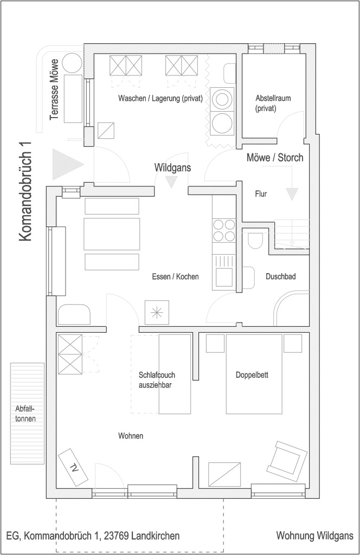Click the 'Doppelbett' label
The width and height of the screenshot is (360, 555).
tap(252, 375)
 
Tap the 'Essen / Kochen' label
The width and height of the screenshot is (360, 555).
tap(175, 276)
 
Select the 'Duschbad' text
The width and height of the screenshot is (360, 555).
tap(280, 276)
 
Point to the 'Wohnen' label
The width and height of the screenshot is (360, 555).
tap(130, 435)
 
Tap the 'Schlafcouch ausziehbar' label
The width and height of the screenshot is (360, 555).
tap(156, 379)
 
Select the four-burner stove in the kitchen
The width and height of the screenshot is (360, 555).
tap(223, 230)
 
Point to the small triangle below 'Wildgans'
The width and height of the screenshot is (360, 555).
tap(171, 183)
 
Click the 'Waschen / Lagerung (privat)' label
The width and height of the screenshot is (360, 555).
tap(160, 99)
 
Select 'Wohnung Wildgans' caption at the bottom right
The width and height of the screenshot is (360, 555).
tap(314, 536)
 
